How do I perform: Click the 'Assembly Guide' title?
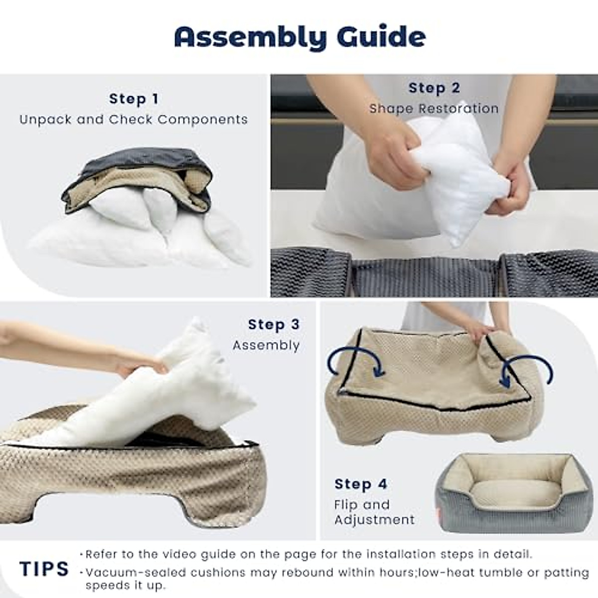299,37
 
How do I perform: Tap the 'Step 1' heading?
134,99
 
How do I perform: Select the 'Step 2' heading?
434,88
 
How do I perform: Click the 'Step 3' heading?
274,324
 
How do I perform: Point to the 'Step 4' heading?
361,484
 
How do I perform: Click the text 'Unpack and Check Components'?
134,120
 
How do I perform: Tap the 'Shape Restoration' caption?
434,109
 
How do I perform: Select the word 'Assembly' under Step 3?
266,345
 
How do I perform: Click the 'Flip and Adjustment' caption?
374,512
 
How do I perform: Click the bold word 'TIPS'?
44,569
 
